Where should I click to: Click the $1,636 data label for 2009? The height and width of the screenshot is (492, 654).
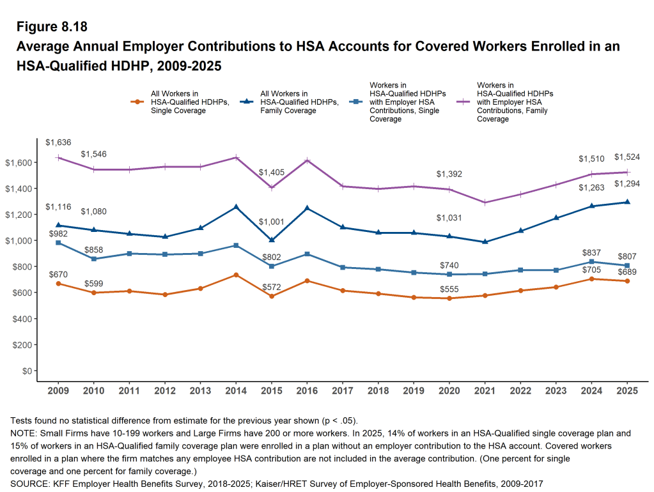(58, 142)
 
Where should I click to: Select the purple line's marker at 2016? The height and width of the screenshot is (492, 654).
(307, 160)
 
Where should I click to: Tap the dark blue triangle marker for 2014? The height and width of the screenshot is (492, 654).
(236, 207)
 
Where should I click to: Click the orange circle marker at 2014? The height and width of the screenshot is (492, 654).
(236, 275)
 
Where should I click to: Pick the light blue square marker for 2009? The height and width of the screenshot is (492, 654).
(58, 243)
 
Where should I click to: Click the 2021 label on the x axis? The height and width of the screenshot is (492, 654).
(485, 390)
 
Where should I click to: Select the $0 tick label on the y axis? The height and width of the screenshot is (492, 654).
(26, 371)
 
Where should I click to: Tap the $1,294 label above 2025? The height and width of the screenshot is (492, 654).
(627, 184)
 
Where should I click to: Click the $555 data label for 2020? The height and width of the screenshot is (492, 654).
(449, 289)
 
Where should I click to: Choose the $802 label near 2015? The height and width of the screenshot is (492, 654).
(271, 257)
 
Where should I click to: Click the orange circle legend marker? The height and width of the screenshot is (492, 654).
(136, 102)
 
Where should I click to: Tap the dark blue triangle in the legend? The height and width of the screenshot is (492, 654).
(246, 102)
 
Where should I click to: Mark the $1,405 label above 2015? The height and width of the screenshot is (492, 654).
(271, 173)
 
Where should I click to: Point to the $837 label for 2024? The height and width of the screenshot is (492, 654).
(591, 253)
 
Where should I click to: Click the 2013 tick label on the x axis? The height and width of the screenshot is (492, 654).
(200, 390)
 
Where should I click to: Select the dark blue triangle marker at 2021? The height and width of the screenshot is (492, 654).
(485, 242)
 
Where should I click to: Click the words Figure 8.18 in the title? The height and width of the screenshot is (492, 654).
(51, 27)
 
